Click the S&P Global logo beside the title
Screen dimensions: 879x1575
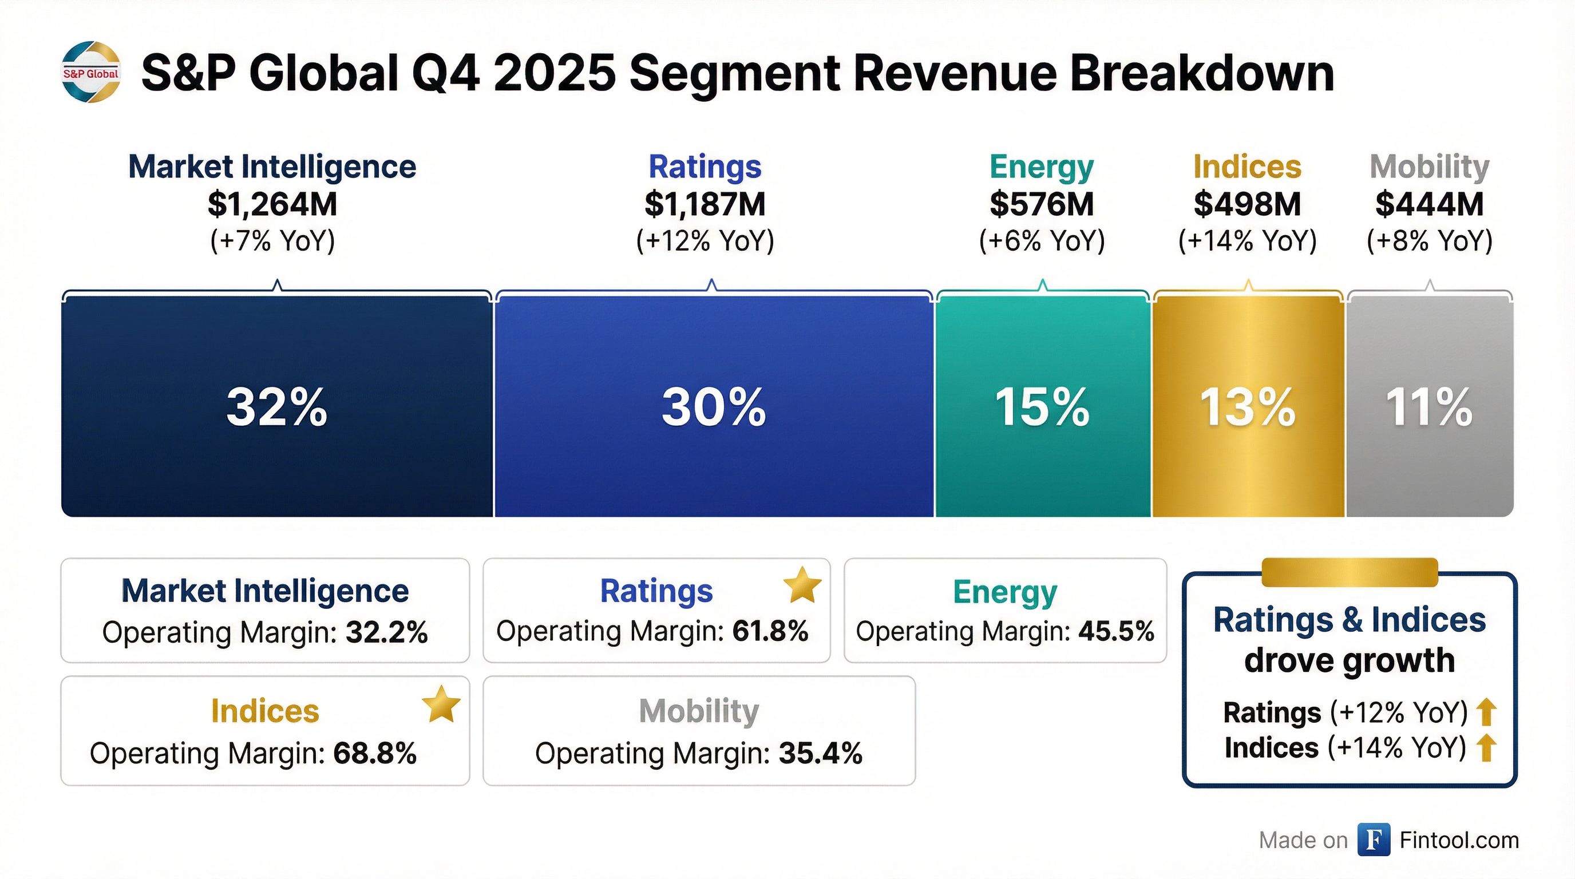pyautogui.click(x=91, y=72)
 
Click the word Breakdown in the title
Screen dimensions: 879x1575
pyautogui.click(x=1202, y=73)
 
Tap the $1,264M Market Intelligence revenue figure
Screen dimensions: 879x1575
pyautogui.click(x=272, y=204)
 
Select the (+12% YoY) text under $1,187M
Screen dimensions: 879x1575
pyautogui.click(x=705, y=241)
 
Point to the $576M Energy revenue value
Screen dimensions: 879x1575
pyautogui.click(x=1041, y=204)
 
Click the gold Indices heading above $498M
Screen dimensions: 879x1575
pyautogui.click(x=1246, y=167)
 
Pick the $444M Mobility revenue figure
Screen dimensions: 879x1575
pyautogui.click(x=1429, y=204)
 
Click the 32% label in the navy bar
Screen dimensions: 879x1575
pyautogui.click(x=276, y=407)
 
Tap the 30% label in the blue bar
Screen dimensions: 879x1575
pyautogui.click(x=713, y=407)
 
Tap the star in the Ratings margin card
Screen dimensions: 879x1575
pyautogui.click(x=802, y=585)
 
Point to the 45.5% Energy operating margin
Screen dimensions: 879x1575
pyautogui.click(x=1116, y=631)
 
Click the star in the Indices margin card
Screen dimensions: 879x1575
pyautogui.click(x=441, y=704)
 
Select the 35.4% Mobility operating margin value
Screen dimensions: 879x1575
pyautogui.click(x=820, y=754)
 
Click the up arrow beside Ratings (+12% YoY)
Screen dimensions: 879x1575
pyautogui.click(x=1486, y=712)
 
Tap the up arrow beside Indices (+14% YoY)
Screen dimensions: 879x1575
pyautogui.click(x=1486, y=748)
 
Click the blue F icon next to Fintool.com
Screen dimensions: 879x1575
pyautogui.click(x=1373, y=840)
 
